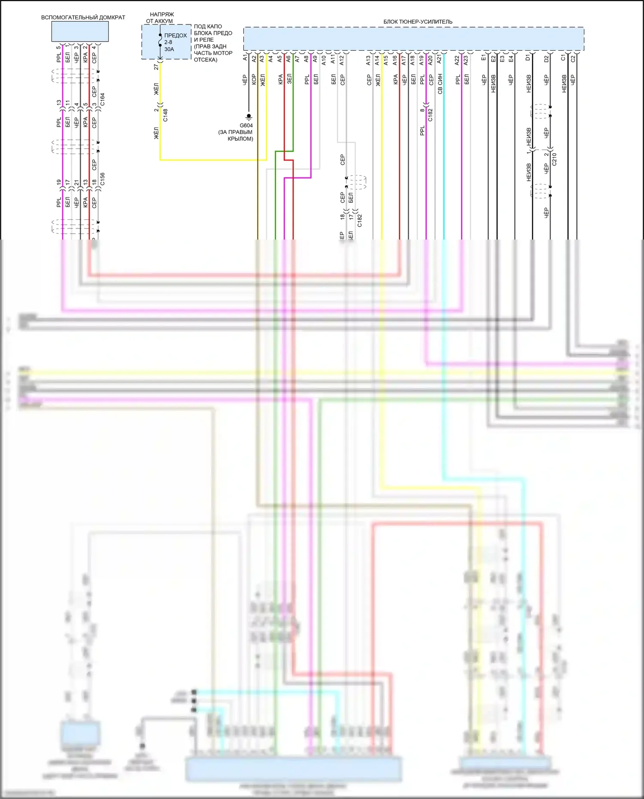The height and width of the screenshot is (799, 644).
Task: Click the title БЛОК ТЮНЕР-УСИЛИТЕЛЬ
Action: tap(418, 22)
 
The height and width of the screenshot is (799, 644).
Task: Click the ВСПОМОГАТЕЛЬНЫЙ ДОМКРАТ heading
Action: tap(83, 18)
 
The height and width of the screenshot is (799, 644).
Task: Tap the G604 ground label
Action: tap(246, 126)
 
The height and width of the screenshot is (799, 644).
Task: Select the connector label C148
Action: tap(166, 115)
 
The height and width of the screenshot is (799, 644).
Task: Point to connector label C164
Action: tap(102, 99)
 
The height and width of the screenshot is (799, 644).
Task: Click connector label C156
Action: tap(102, 179)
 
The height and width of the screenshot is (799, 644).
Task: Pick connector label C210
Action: tap(554, 159)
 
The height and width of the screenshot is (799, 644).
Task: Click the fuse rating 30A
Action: tap(169, 49)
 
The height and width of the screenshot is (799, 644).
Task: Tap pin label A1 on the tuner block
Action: tap(245, 58)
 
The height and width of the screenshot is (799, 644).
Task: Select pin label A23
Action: tap(466, 60)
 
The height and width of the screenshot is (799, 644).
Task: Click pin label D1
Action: tap(528, 58)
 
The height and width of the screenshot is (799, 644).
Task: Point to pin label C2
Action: tap(573, 58)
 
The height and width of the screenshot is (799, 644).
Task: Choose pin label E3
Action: tap(502, 58)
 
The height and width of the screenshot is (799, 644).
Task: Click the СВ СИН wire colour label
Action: tap(440, 84)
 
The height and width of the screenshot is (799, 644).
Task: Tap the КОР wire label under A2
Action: tap(254, 80)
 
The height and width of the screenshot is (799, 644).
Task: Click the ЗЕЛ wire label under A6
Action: tap(289, 79)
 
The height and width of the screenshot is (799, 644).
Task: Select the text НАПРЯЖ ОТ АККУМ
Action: tap(161, 18)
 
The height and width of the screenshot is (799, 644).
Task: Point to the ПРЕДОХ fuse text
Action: tap(176, 36)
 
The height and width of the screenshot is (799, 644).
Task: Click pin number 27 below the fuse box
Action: tap(156, 67)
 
